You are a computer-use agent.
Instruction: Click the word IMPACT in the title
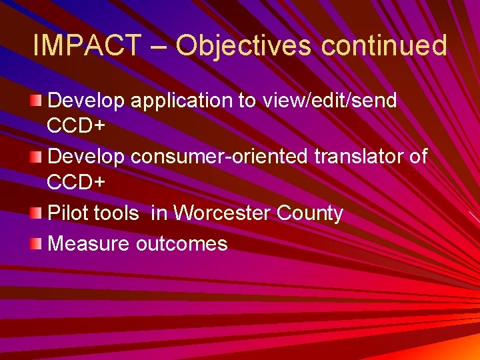(87, 46)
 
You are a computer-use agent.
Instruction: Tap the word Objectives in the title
(243, 46)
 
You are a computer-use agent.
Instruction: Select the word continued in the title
(384, 46)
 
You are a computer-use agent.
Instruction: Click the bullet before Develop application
(35, 101)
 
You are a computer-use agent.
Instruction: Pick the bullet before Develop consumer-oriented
(35, 157)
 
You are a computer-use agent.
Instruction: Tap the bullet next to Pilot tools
(35, 213)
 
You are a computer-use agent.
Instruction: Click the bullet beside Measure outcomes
(35, 243)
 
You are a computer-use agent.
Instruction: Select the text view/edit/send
(331, 101)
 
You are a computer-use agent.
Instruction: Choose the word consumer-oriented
(219, 157)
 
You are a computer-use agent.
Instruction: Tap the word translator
(360, 157)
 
